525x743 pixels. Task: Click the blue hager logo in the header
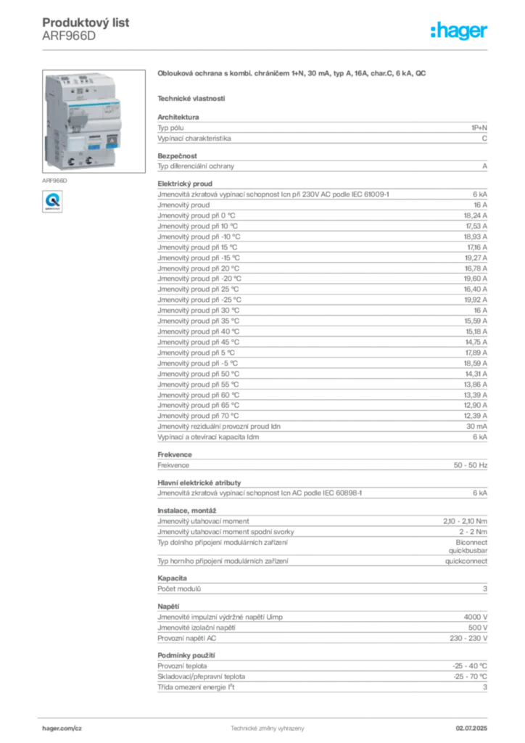pyautogui.click(x=460, y=31)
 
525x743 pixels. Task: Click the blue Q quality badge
pyautogui.click(x=51, y=200)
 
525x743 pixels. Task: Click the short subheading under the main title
pyautogui.click(x=191, y=97)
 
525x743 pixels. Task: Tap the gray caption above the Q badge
pyautogui.click(x=54, y=177)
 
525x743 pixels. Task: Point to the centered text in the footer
pyautogui.click(x=265, y=726)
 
